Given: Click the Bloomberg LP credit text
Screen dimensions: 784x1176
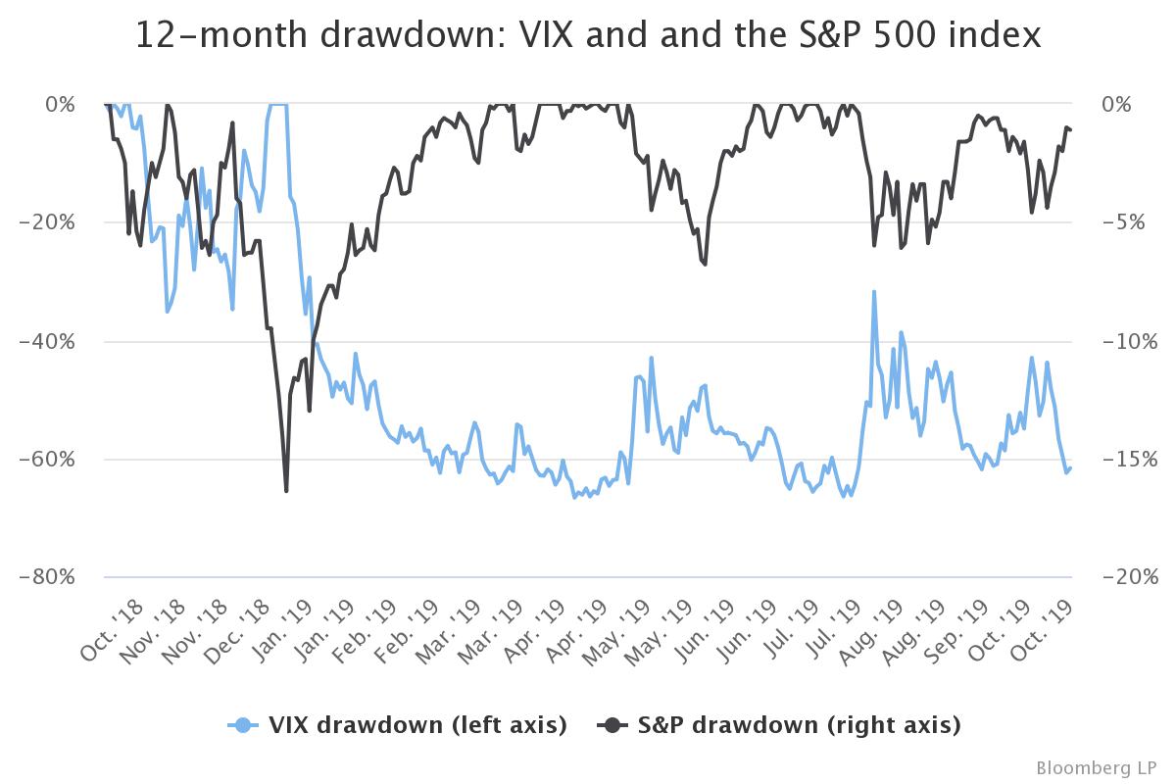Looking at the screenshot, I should coord(1098,765).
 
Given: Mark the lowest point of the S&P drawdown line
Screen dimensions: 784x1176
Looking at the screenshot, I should coord(286,490).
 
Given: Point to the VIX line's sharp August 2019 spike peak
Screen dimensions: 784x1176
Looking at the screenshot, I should coord(873,291).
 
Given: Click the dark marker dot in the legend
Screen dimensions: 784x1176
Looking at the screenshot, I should coord(613,725).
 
